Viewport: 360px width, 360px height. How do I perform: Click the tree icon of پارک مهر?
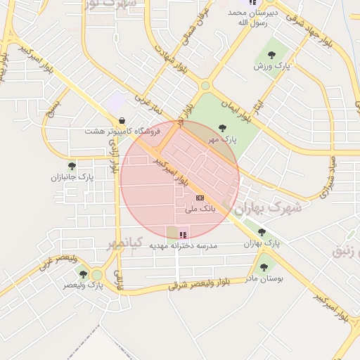click(x=223, y=128)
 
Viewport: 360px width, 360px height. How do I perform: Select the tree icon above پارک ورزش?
click(x=271, y=54)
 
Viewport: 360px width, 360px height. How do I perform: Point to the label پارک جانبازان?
click(x=72, y=177)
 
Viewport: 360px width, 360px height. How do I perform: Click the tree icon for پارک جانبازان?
click(x=72, y=166)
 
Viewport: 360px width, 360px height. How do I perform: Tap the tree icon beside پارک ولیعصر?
click(x=84, y=274)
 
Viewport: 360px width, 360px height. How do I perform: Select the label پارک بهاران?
click(x=262, y=243)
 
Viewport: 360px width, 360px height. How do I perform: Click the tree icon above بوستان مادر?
click(x=264, y=267)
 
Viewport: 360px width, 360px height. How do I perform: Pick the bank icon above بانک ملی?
click(x=200, y=198)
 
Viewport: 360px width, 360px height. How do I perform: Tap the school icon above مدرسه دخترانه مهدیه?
click(x=184, y=235)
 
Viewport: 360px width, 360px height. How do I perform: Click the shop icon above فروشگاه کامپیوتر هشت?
click(x=123, y=120)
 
